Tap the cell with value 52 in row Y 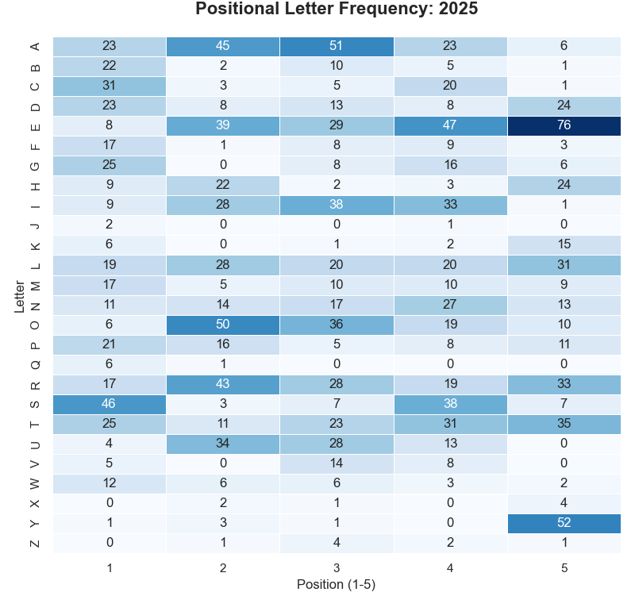564,523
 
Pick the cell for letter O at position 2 223,325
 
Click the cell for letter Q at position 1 110,364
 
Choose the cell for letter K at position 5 564,245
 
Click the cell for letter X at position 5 564,503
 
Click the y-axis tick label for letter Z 34,543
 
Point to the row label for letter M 34,285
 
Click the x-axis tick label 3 337,567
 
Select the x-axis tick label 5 564,567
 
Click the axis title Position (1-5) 337,584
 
